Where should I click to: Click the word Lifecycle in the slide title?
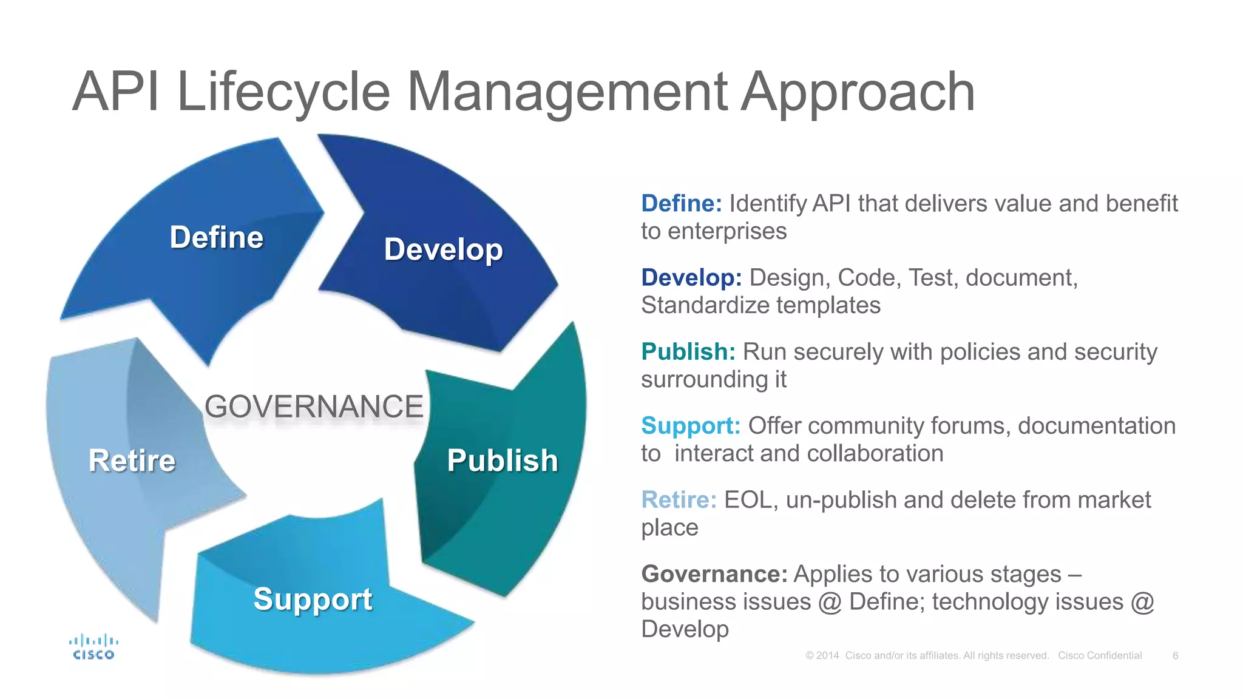283,92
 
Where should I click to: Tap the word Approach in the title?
858,92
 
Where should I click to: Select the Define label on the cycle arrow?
216,237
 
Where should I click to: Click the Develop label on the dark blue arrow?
444,249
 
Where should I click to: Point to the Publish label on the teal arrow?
503,461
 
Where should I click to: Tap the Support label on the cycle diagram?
313,599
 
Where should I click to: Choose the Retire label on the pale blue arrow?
132,461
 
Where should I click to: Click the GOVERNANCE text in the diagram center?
314,407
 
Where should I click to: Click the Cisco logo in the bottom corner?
93,647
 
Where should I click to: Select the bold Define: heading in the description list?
682,204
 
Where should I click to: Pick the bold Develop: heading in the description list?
691,278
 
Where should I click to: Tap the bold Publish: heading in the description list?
688,352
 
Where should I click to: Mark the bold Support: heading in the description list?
691,426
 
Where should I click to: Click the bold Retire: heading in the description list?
679,500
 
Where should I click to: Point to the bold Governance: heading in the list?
714,574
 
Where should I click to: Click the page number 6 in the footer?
1176,655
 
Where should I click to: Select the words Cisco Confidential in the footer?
1100,655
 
